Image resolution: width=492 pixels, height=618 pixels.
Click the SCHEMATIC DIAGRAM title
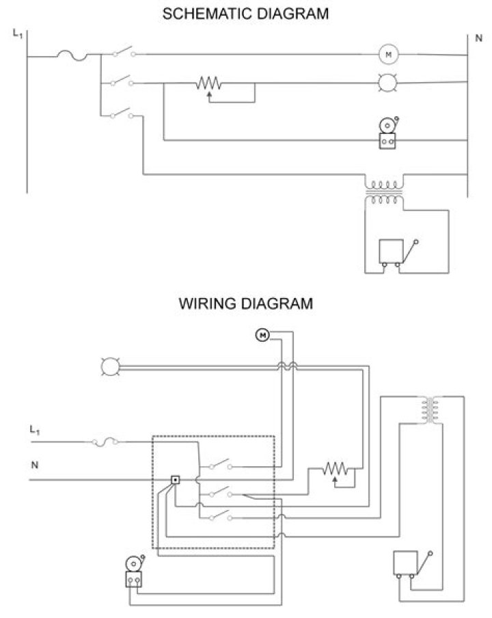click(245, 14)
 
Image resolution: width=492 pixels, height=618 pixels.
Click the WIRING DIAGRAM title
click(245, 304)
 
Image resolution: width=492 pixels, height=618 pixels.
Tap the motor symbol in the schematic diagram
click(387, 54)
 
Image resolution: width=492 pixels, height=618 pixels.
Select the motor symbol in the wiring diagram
click(263, 334)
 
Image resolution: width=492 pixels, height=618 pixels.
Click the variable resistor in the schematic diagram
click(209, 84)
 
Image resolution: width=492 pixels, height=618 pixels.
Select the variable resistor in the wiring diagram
click(336, 469)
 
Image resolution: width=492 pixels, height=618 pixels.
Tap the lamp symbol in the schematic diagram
click(387, 83)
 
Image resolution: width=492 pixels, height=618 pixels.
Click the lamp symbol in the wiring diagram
click(109, 367)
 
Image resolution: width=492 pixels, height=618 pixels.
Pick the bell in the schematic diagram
click(388, 133)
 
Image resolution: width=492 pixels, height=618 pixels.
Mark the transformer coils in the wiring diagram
click(430, 409)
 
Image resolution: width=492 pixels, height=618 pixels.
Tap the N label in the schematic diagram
click(478, 38)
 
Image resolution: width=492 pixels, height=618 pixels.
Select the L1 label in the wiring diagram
click(36, 430)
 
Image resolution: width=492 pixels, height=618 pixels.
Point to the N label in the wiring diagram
click(34, 466)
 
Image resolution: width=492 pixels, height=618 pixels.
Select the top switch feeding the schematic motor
click(123, 53)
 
